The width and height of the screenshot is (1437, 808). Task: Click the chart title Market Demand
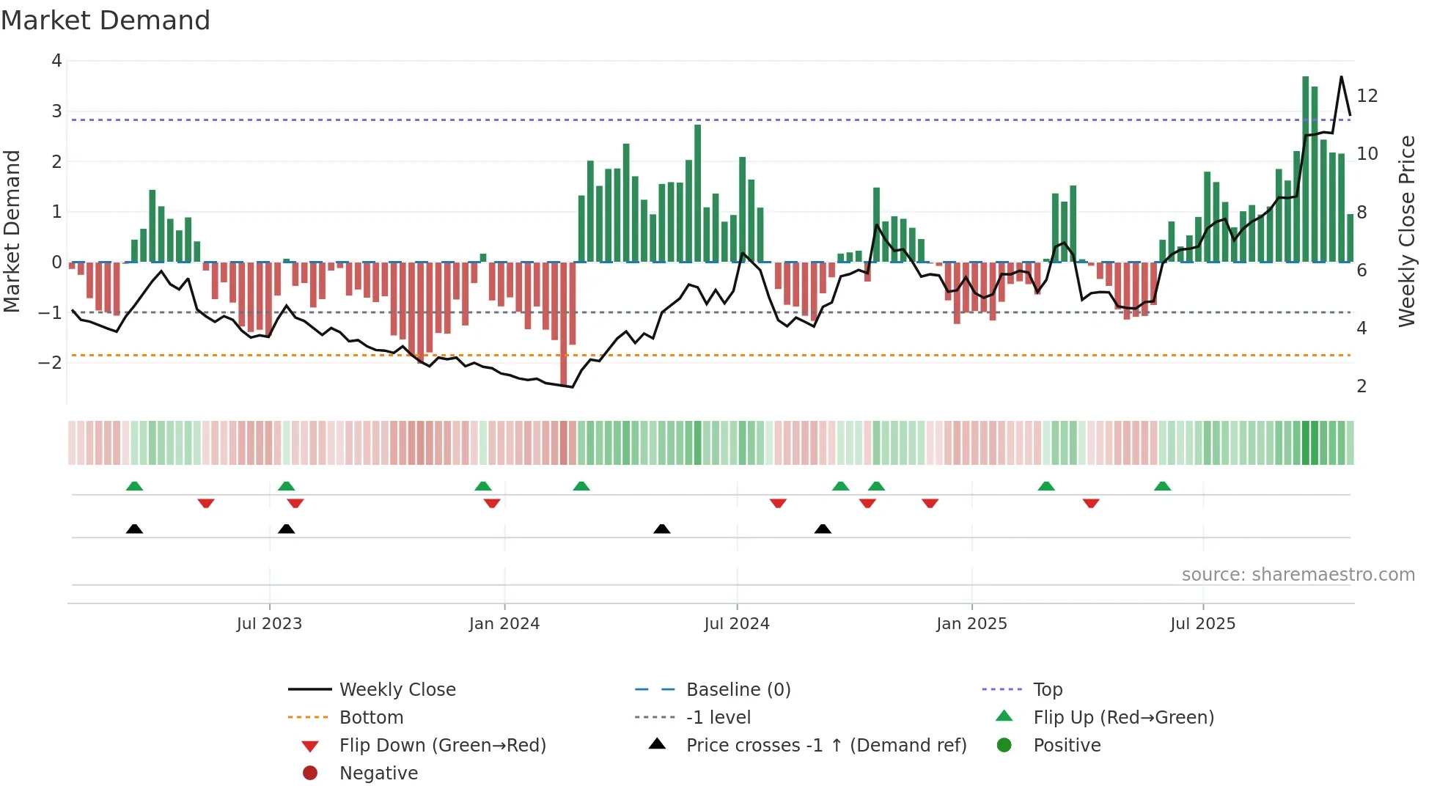click(x=106, y=21)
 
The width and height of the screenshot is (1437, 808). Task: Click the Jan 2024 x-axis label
click(x=504, y=624)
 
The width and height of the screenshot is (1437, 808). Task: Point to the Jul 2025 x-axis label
click(x=1202, y=624)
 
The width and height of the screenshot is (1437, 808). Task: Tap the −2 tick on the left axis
click(x=51, y=363)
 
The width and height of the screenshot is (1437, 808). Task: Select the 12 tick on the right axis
click(x=1367, y=96)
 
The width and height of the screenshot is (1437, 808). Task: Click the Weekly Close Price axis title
click(x=1406, y=231)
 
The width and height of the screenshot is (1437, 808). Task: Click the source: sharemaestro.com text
click(x=1298, y=575)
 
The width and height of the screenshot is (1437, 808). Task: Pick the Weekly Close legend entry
click(x=397, y=690)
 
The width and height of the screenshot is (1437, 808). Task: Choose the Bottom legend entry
click(x=371, y=718)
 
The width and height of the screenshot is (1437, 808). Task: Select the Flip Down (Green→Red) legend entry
click(x=442, y=746)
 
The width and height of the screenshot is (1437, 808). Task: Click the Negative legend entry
click(x=378, y=774)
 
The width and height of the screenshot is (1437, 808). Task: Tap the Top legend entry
click(x=1047, y=690)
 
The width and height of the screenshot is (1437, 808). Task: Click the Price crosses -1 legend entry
click(x=826, y=746)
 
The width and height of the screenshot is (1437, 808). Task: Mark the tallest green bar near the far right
click(x=1305, y=169)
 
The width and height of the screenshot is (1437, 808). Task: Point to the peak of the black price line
click(x=1342, y=77)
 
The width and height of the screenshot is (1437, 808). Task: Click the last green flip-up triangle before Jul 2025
click(x=1162, y=486)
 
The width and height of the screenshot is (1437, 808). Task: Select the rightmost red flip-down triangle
click(x=1091, y=503)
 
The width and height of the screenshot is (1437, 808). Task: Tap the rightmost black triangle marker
click(x=823, y=529)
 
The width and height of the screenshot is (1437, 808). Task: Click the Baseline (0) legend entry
click(x=738, y=690)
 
